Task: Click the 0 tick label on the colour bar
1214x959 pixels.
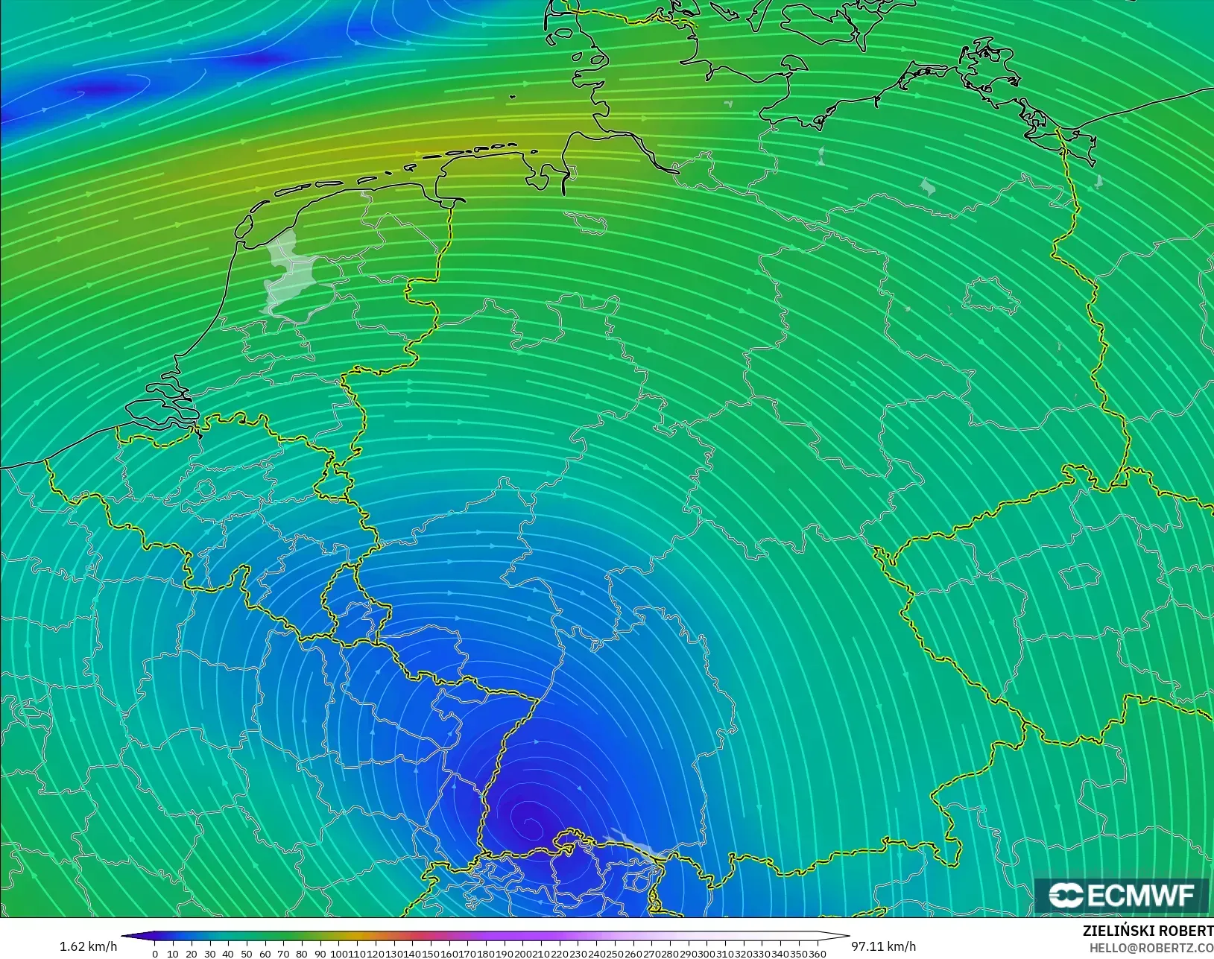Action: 154,954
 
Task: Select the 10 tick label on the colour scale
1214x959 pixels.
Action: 173,954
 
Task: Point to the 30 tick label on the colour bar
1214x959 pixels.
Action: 209,954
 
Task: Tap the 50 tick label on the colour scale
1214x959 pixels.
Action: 247,954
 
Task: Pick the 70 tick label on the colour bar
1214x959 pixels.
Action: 283,954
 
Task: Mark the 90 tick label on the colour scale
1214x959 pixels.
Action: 320,954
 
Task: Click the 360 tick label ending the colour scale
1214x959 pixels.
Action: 818,954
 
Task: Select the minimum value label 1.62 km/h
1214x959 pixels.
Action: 88,946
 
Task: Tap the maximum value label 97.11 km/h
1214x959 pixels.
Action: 884,946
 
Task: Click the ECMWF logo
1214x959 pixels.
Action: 1121,895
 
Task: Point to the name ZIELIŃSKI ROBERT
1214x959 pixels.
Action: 1148,931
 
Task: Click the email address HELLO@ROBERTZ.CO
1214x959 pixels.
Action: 1151,948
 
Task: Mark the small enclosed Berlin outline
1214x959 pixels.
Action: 990,296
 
